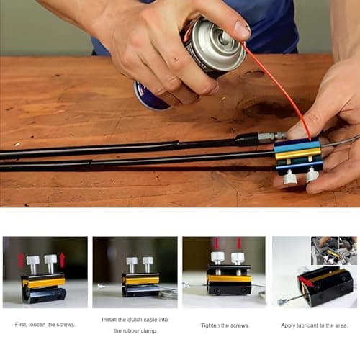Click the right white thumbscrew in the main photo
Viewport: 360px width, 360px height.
coord(312,175)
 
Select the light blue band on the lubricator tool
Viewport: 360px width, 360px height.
coord(297,146)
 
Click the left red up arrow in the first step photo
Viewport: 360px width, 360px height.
coord(21,261)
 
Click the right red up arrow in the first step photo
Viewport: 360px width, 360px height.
coord(63,261)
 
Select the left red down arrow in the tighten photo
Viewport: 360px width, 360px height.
coord(216,243)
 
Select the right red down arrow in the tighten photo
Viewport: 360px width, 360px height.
coord(239,243)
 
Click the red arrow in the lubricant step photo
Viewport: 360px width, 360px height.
coord(306,282)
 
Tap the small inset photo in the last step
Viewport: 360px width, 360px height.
coord(334,251)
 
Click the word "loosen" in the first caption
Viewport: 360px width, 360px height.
coord(37,325)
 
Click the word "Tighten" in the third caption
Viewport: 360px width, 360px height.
coord(210,325)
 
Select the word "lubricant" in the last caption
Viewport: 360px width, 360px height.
coord(308,325)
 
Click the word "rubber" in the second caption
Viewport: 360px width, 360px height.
coord(131,331)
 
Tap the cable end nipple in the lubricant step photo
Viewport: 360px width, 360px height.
coord(281,301)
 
